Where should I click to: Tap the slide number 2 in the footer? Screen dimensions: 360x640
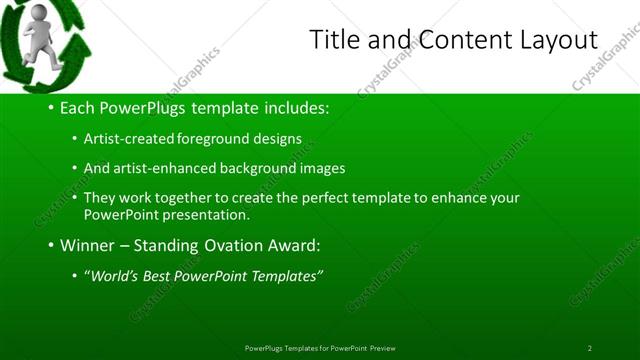pos(589,348)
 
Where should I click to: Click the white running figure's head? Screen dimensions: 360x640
pos(38,14)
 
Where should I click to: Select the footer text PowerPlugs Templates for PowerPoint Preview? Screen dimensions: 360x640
pos(320,348)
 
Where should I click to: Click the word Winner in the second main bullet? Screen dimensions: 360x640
pos(88,245)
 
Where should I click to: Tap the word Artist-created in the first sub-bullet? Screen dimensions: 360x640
pos(124,139)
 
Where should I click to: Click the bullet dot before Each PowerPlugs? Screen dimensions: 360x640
pos(50,108)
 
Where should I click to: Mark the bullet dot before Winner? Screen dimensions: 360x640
pos(50,245)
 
